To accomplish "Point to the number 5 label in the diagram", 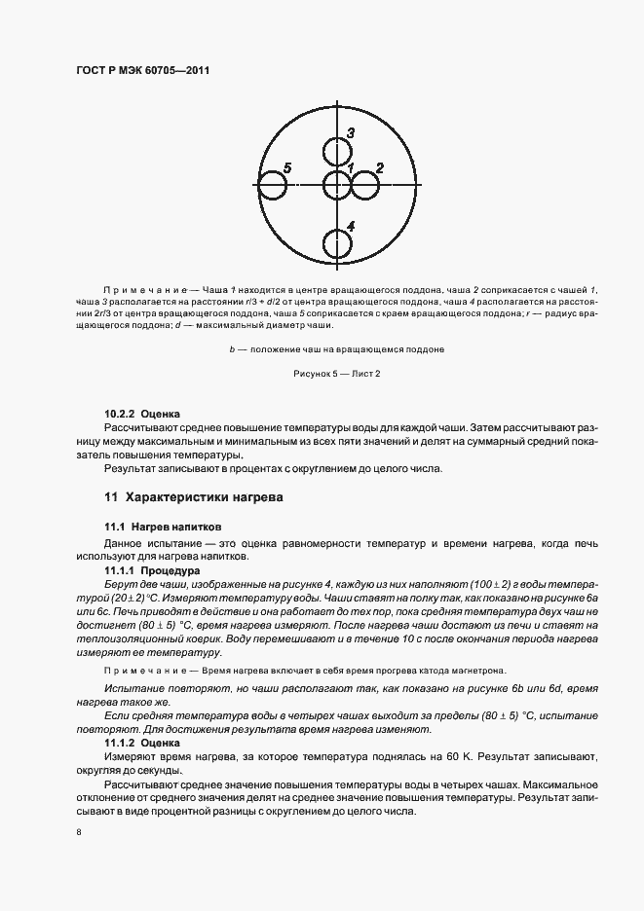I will pyautogui.click(x=286, y=167).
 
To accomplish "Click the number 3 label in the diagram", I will pyautogui.click(x=350, y=132).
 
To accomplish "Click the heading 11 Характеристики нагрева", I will pyautogui.click(x=193, y=497).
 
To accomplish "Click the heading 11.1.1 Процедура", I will pyautogui.click(x=152, y=569).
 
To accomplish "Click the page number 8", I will pyautogui.click(x=77, y=833).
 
